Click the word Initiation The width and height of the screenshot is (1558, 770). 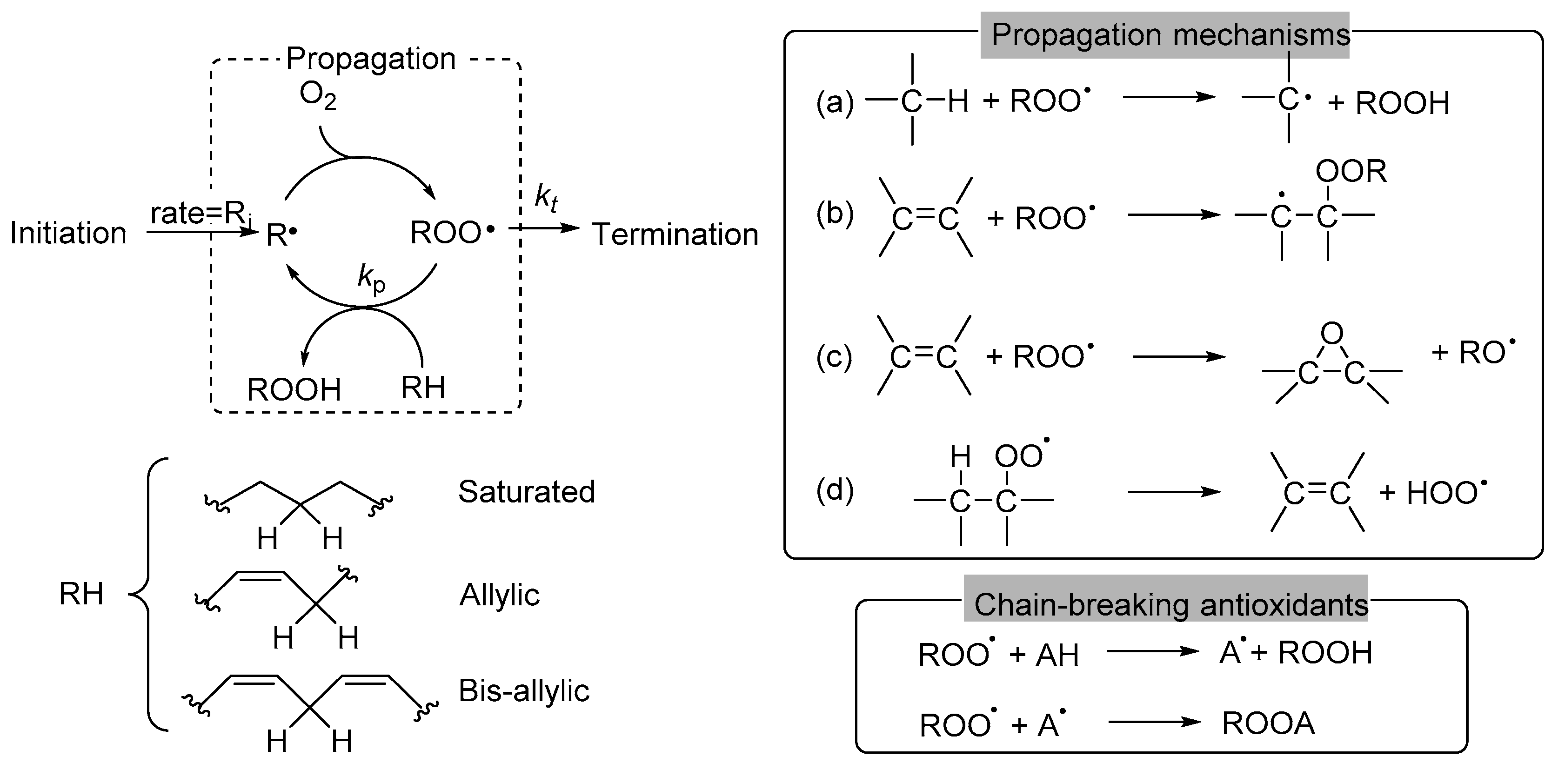68,234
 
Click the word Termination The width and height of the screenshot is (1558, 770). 675,234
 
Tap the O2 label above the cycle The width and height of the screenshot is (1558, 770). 318,95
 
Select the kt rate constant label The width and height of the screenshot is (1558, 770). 546,198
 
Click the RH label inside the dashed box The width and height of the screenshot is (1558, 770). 423,388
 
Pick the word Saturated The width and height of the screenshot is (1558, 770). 526,492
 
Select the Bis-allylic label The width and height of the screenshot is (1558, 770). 524,691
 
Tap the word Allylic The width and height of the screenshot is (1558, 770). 499,595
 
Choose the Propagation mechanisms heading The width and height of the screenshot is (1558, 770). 1170,35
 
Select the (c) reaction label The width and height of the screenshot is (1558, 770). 834,357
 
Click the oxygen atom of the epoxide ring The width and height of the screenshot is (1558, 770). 1332,333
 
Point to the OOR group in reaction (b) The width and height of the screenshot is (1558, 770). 1351,172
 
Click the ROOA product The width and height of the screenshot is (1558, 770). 1268,723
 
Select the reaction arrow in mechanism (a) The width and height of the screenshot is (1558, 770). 1169,97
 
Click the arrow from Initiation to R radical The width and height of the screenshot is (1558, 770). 200,232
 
